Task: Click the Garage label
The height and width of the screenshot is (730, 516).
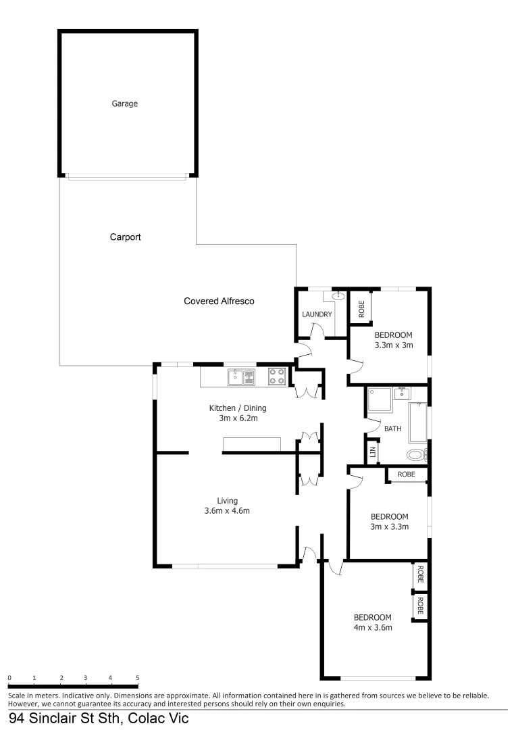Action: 125,104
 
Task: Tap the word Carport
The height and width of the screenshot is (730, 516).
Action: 125,238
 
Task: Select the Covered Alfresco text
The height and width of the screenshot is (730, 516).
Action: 219,301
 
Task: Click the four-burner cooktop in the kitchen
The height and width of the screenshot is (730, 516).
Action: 277,376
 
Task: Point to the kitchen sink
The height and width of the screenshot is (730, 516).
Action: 240,376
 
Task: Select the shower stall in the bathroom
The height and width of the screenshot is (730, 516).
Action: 380,399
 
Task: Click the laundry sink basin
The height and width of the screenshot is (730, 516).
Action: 338,296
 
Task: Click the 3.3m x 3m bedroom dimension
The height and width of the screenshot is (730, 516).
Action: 393,345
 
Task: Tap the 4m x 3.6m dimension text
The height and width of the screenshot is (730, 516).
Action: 373,628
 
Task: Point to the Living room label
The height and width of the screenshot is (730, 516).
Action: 227,501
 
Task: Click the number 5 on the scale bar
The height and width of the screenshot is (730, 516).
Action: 138,677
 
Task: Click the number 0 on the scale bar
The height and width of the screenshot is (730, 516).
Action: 9,677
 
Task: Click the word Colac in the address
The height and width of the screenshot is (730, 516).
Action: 140,720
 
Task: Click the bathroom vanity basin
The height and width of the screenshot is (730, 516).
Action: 403,392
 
